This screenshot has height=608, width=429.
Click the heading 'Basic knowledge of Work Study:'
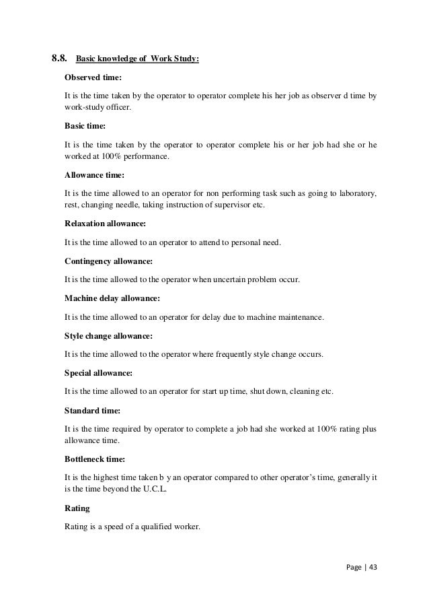point(136,59)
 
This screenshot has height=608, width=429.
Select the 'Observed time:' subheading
point(93,78)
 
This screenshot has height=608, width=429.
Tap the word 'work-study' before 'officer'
point(85,110)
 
